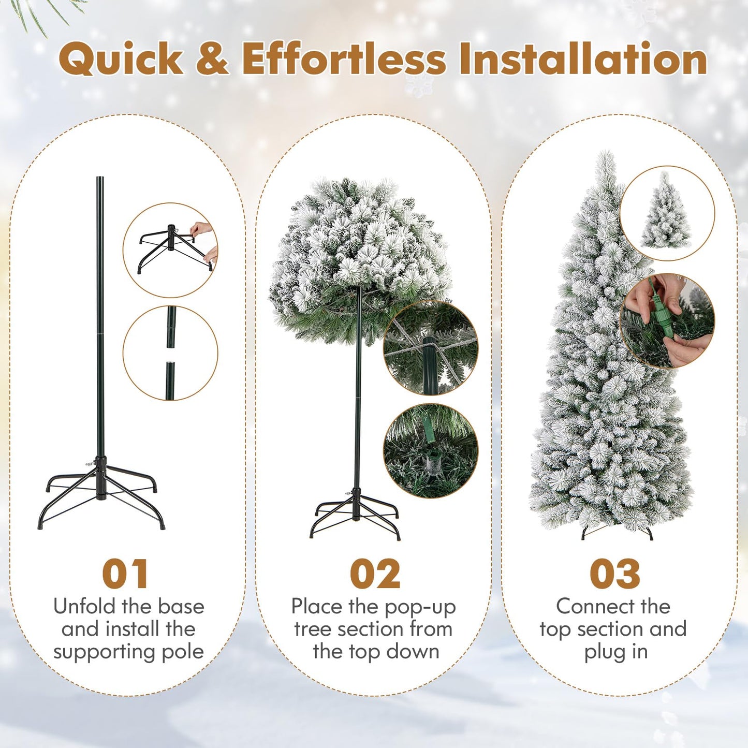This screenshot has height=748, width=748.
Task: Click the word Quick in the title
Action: point(121,60)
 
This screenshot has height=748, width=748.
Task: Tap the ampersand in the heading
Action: point(212,58)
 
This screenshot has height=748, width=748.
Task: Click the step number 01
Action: point(125,574)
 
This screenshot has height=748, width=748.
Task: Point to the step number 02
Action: point(375,574)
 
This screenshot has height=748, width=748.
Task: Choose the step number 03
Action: point(615,574)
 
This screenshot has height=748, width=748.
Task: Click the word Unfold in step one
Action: point(85,606)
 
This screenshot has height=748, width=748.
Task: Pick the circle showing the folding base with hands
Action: point(170,250)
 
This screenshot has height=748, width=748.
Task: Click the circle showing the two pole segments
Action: point(170,353)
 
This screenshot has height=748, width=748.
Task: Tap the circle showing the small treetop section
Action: point(667,213)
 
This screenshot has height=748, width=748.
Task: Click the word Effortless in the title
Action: point(343,58)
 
